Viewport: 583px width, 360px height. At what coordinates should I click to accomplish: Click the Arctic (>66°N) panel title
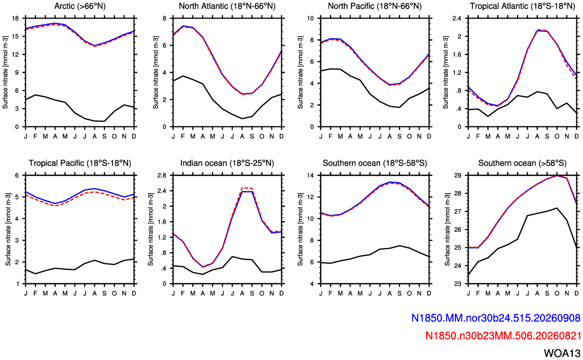coord(79,6)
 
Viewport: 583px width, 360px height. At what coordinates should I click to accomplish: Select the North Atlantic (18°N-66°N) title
coord(227,6)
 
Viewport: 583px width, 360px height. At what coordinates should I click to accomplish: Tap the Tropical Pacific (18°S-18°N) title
coord(80,163)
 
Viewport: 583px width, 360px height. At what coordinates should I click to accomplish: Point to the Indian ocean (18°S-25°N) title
coord(227,163)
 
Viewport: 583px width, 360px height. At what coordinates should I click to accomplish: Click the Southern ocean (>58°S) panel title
coord(523,163)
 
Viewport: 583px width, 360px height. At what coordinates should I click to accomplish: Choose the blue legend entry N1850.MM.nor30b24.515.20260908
coord(495,318)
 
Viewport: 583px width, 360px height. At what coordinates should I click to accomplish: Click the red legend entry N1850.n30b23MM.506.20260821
coord(503,336)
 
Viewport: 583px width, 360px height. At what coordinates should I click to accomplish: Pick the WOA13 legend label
coord(562,353)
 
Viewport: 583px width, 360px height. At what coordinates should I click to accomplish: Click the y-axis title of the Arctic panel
coord(5,72)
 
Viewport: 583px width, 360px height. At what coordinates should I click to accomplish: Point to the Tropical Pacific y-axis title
coord(8,229)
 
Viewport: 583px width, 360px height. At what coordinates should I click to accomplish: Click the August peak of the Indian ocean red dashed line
coord(242,188)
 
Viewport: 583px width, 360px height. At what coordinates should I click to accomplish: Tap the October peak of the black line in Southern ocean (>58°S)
coord(556,208)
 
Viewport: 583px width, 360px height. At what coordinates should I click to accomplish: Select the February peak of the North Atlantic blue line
coord(183,26)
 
